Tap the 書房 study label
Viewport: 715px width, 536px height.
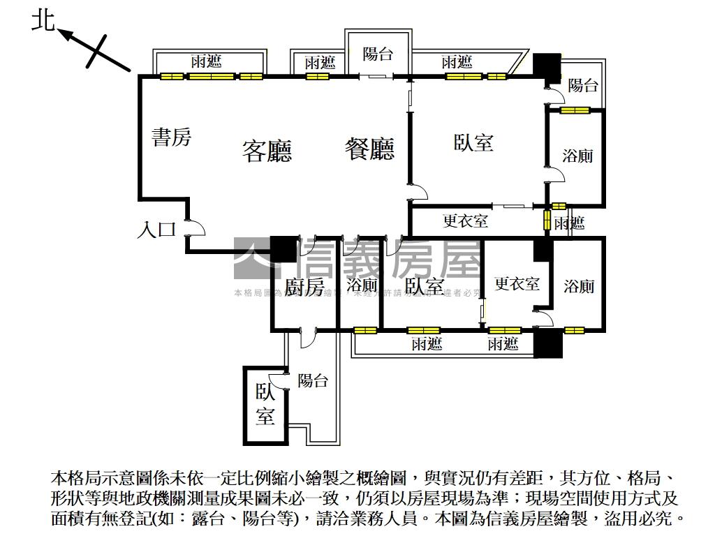point(171,137)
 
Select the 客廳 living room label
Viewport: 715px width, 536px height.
point(267,151)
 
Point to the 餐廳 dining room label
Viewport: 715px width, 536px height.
point(369,149)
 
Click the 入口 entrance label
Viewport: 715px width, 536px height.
point(156,230)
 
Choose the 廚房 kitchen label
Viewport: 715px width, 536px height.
point(304,287)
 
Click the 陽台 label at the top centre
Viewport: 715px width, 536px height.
point(378,54)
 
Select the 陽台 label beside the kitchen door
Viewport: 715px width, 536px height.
point(313,381)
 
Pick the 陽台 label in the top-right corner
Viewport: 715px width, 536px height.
point(583,86)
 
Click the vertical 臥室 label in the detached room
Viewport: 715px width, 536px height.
point(265,404)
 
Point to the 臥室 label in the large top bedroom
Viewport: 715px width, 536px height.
point(473,142)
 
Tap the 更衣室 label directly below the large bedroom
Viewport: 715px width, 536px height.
point(465,222)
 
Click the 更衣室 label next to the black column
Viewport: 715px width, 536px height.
point(517,283)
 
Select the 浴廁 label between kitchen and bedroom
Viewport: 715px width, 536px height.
point(362,285)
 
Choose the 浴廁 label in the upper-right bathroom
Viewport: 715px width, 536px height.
point(577,156)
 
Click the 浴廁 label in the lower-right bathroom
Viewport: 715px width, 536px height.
point(579,285)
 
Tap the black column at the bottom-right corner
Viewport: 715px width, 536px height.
point(547,343)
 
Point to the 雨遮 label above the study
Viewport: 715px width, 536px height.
point(207,62)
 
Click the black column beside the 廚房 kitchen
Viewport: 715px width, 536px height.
point(283,249)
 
